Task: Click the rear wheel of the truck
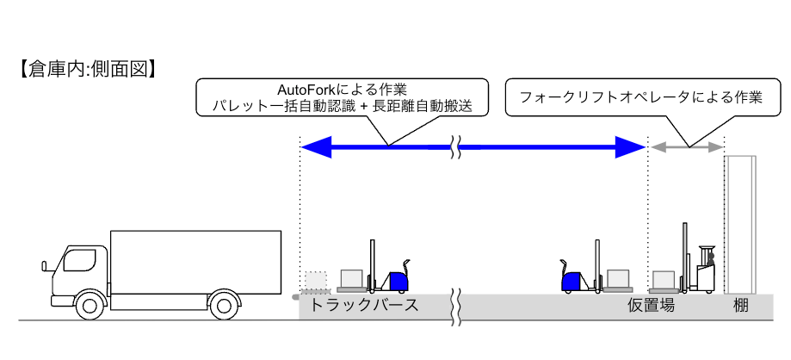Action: click(x=223, y=303)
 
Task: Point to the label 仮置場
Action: click(x=650, y=306)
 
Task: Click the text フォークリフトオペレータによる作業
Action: click(x=641, y=97)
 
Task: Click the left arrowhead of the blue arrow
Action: click(x=315, y=148)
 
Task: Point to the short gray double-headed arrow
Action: click(x=686, y=148)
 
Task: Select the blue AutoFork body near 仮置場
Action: click(x=572, y=280)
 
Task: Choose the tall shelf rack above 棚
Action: click(x=739, y=224)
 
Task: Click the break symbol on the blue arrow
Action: click(x=458, y=148)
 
